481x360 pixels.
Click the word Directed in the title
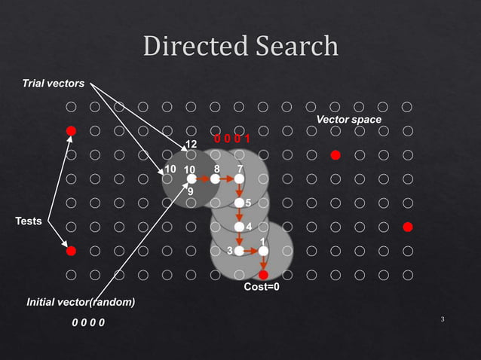[x=192, y=47]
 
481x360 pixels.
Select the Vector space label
[x=349, y=120]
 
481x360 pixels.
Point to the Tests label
[x=29, y=221]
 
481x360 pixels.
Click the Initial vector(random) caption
[x=81, y=302]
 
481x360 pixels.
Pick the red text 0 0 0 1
[x=231, y=139]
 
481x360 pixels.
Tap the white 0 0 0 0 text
[x=88, y=323]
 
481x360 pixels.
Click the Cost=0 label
[x=262, y=287]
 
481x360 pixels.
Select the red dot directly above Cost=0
[x=263, y=275]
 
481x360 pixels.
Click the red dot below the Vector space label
[x=335, y=155]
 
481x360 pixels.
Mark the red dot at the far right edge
[x=407, y=226]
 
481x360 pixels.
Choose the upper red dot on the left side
[x=71, y=131]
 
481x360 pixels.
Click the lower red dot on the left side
[x=71, y=250]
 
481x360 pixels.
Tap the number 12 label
[x=191, y=144]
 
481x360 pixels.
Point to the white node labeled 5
[x=239, y=203]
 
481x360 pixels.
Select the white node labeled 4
[x=239, y=227]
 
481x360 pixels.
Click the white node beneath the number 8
[x=215, y=179]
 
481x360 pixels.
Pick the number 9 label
[x=191, y=192]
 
